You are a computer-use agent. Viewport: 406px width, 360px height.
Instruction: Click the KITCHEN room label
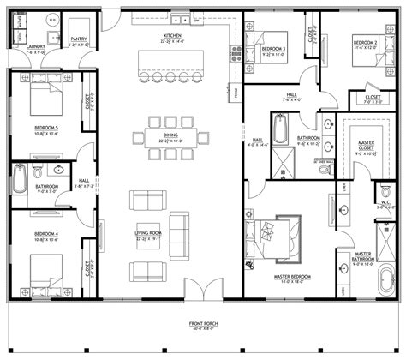[x=170, y=36]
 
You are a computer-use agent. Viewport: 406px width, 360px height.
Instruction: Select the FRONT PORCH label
[x=203, y=324]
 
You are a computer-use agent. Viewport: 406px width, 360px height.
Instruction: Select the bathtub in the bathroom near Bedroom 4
[x=21, y=182]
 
